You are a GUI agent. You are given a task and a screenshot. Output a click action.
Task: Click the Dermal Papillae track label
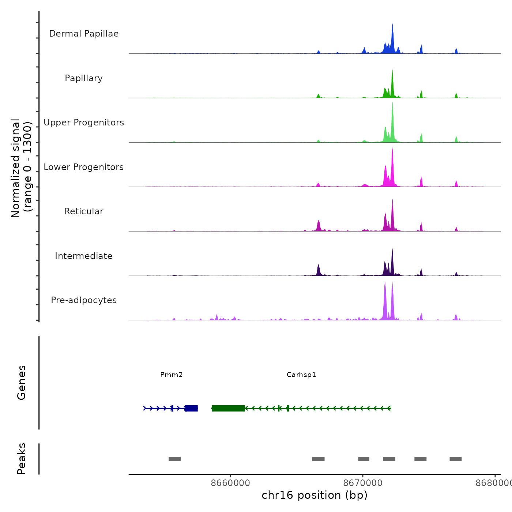[x=84, y=34]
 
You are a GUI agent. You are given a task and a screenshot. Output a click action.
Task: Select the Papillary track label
[x=84, y=78]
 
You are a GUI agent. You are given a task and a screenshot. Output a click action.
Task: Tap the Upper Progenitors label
[x=84, y=123]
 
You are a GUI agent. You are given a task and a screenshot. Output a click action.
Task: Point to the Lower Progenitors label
[x=84, y=167]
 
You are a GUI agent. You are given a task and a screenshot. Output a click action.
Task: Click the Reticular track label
[x=84, y=211]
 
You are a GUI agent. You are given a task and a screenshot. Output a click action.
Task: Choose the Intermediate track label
[x=84, y=256]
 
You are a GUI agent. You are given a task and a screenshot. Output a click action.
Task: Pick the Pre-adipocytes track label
[x=84, y=300]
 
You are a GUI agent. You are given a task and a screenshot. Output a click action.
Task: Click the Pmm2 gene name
[x=171, y=375]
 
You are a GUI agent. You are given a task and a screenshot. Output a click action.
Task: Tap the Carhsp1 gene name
[x=301, y=375]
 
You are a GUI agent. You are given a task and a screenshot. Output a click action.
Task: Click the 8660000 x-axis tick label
[x=230, y=483]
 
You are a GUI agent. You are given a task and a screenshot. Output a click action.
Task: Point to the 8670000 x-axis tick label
[x=363, y=483]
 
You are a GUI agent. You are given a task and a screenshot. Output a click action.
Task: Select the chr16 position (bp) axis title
[x=315, y=495]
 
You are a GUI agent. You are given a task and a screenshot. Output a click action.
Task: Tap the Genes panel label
[x=22, y=383]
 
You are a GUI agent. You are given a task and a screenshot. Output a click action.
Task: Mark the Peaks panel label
[x=22, y=459]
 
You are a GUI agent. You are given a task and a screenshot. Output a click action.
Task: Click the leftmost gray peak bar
[x=174, y=459]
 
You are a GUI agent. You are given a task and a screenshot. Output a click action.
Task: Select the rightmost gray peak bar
[x=456, y=459]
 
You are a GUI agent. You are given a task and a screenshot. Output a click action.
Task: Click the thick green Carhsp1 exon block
[x=228, y=408]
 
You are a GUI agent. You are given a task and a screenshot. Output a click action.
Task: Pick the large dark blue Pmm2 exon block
[x=191, y=408]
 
